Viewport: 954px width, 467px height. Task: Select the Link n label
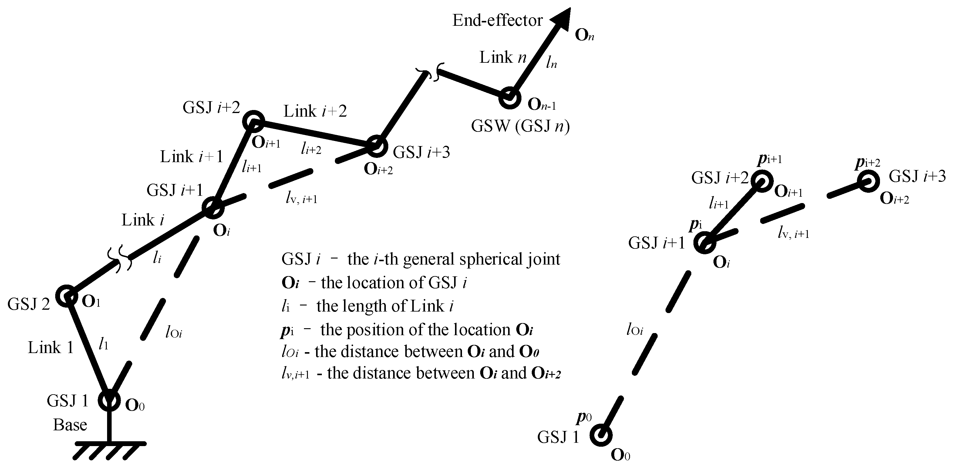tap(503, 58)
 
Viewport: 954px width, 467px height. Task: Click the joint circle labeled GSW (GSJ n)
tap(510, 98)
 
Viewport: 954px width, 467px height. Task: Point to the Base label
tap(70, 425)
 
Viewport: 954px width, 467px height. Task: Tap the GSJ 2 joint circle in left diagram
tap(67, 296)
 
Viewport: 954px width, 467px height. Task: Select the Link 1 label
tap(51, 348)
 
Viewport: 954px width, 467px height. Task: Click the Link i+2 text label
tap(315, 111)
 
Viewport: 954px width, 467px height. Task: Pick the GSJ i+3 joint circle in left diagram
tap(376, 146)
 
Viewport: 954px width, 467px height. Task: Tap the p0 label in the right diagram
tap(584, 417)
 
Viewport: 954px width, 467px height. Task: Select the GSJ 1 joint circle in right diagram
tap(601, 435)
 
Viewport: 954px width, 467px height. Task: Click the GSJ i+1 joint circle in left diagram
tap(213, 208)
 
